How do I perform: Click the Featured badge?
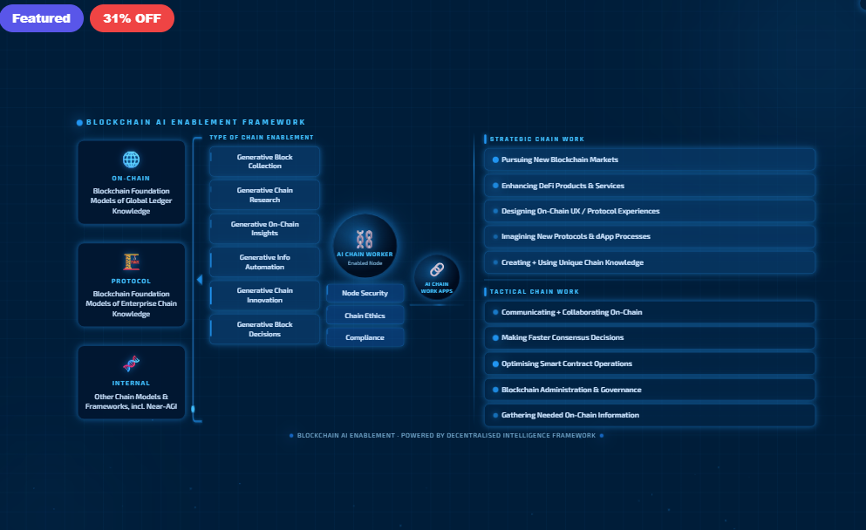[x=41, y=18]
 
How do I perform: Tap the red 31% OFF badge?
[x=132, y=18]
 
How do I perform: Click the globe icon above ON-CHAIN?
[x=131, y=160]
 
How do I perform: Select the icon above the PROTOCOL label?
[x=131, y=262]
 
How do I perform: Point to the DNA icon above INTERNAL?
[x=131, y=364]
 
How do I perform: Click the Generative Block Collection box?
[x=264, y=161]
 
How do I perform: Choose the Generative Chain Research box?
[x=264, y=194]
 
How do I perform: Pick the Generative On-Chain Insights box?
[x=264, y=228]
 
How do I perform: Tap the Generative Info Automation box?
[x=264, y=262]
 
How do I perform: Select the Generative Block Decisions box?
[x=264, y=329]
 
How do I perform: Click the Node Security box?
[x=365, y=293]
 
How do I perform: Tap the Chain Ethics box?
[x=365, y=316]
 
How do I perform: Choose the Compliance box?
[x=365, y=337]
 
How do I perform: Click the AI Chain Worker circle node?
[x=365, y=245]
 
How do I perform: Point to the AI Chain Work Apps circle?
[x=436, y=275]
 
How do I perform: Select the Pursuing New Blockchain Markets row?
[x=650, y=160]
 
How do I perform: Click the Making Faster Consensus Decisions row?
[x=650, y=337]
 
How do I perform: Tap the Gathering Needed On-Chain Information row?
[x=650, y=415]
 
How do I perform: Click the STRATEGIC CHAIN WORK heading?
[x=537, y=139]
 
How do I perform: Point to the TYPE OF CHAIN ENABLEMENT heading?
[x=262, y=138]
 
